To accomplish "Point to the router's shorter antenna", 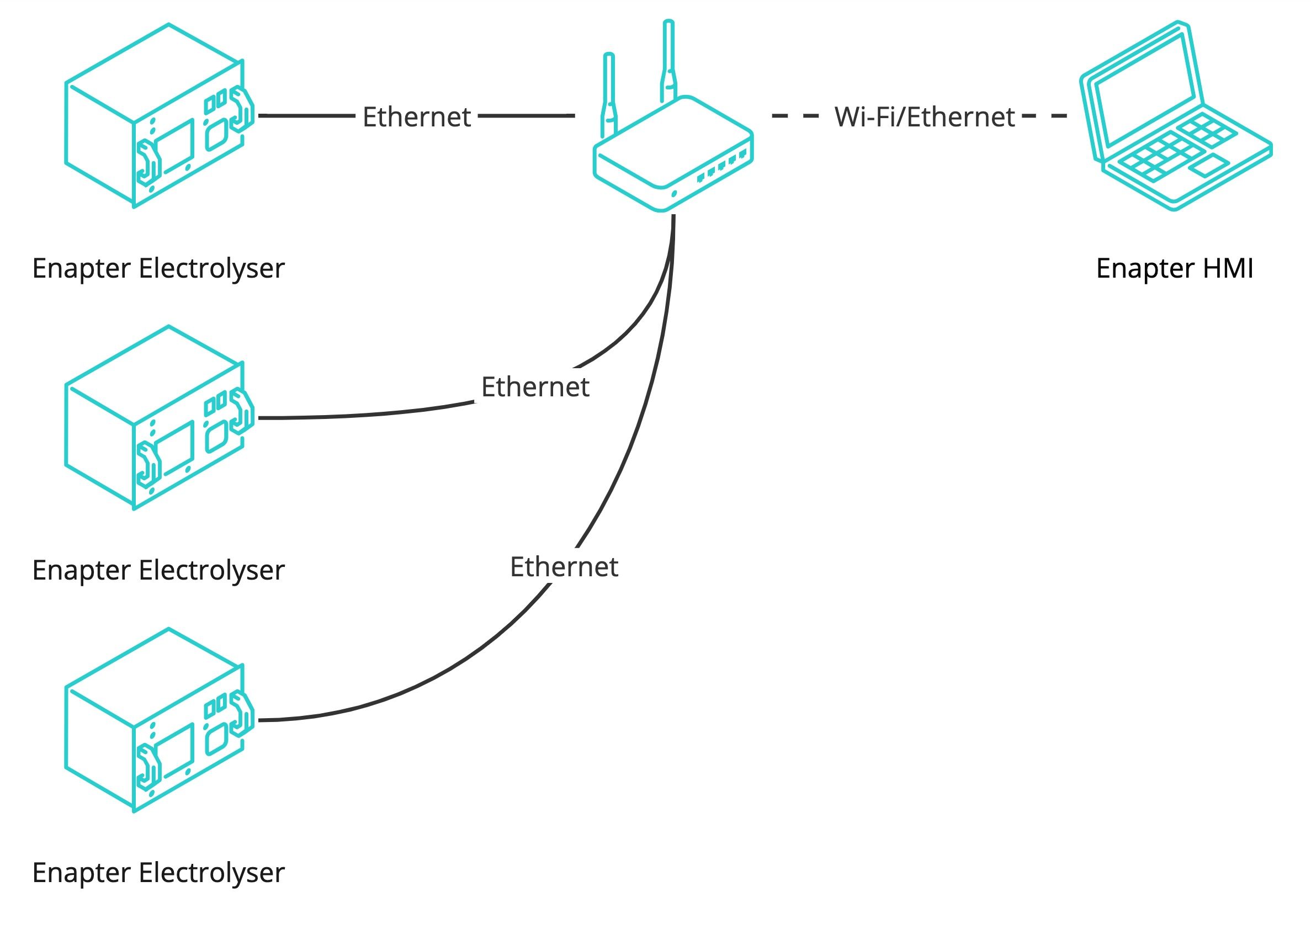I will pyautogui.click(x=609, y=92).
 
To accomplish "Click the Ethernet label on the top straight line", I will pyautogui.click(x=416, y=117).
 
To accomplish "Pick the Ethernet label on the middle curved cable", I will pyautogui.click(x=535, y=387).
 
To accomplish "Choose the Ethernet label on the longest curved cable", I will pyautogui.click(x=564, y=567).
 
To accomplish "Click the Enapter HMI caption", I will pyautogui.click(x=1174, y=268).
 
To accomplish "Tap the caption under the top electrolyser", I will pyautogui.click(x=158, y=268).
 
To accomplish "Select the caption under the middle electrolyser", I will pyautogui.click(x=158, y=570).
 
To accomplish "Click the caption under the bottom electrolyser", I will pyautogui.click(x=158, y=872).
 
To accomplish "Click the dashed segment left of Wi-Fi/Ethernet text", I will pyautogui.click(x=795, y=115).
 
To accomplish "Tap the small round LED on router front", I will pyautogui.click(x=674, y=194).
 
